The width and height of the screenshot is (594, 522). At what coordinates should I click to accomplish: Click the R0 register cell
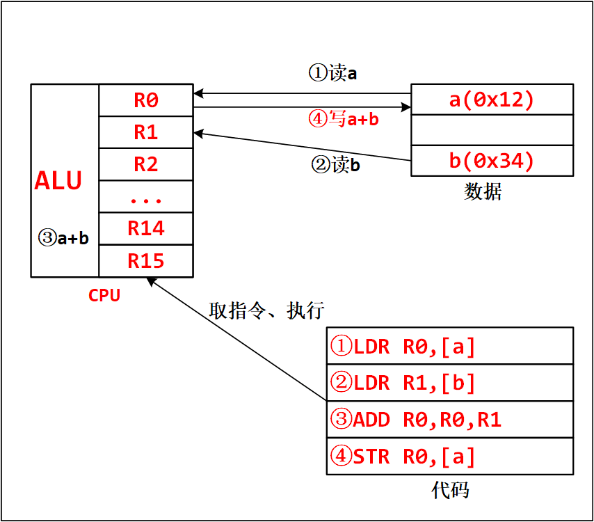click(x=146, y=100)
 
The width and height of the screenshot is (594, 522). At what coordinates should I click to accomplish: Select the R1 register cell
click(x=146, y=132)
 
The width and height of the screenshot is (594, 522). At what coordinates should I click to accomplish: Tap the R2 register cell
click(x=146, y=164)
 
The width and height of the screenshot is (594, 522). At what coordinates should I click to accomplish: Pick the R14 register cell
click(x=146, y=228)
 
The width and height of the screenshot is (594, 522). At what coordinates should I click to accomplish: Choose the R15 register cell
click(x=146, y=261)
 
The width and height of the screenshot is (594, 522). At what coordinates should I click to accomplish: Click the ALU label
click(x=58, y=181)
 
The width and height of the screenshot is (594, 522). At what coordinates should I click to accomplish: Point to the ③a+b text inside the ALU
click(x=63, y=237)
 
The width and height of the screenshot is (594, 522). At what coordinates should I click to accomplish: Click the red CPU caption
click(x=104, y=295)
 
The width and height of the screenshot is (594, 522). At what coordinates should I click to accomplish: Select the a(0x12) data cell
click(x=492, y=100)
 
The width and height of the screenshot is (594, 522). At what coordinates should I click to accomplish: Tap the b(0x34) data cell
click(x=492, y=161)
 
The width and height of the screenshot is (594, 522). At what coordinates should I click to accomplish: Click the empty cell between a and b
click(x=492, y=130)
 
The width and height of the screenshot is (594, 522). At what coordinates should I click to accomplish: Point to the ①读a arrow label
click(x=332, y=73)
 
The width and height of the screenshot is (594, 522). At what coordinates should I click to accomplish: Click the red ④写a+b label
click(x=343, y=119)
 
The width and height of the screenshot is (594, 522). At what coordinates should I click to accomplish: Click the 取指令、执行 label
click(x=266, y=310)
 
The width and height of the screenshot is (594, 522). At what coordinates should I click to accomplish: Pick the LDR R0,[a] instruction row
click(x=450, y=346)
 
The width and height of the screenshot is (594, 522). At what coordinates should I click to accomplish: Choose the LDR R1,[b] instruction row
click(x=450, y=383)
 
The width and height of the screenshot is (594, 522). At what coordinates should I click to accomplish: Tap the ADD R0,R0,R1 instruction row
click(x=450, y=420)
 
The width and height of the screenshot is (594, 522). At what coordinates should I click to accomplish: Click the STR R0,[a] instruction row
click(x=450, y=457)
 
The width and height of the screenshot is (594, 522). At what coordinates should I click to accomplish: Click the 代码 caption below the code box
click(x=450, y=490)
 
